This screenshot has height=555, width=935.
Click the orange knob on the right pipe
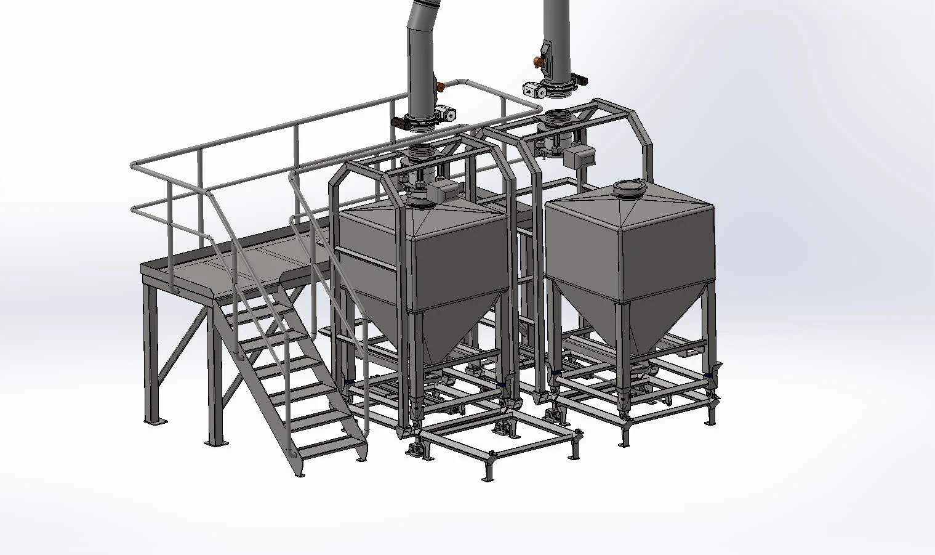pos(539,61)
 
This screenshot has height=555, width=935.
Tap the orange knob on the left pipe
pos(440,85)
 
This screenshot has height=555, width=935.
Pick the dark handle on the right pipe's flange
pos(580,79)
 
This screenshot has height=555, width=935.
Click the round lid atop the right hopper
pos(628,186)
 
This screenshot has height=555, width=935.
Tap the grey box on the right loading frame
pos(577,156)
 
